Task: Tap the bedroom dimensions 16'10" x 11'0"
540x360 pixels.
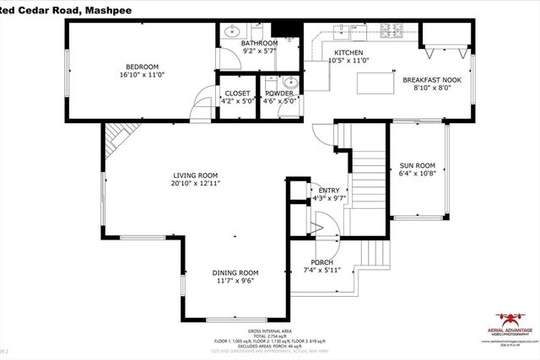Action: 142,74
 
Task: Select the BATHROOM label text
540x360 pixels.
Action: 258,43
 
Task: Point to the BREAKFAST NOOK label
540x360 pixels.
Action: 430,79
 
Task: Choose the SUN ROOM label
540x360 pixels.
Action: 417,165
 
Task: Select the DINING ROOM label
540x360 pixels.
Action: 235,272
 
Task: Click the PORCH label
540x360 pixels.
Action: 321,262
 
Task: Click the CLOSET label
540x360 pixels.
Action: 235,94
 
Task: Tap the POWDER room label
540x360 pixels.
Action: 278,94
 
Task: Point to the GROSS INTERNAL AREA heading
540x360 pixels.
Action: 269,331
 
